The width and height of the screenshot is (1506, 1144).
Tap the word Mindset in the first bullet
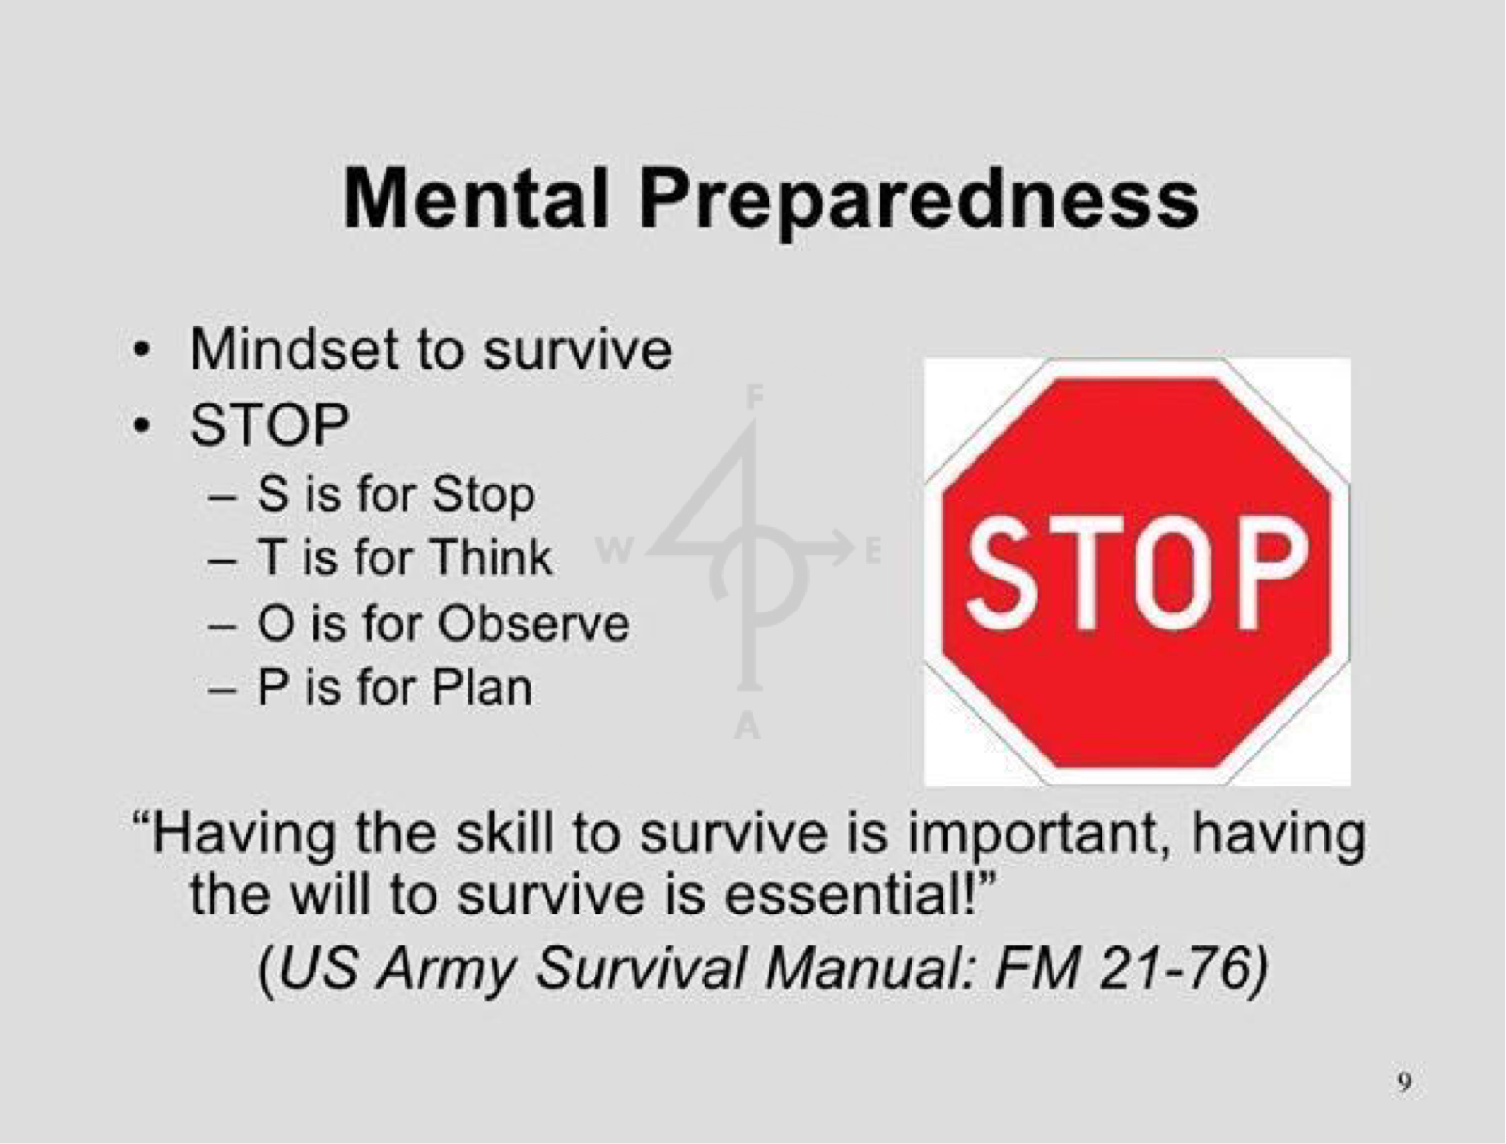(293, 350)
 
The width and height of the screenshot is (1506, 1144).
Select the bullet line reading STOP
(270, 424)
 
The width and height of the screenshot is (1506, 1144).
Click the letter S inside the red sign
(999, 573)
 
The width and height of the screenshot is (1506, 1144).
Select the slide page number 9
(1404, 1083)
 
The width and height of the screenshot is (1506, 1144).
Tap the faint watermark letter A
(747, 726)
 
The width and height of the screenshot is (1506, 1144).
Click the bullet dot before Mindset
(141, 350)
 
